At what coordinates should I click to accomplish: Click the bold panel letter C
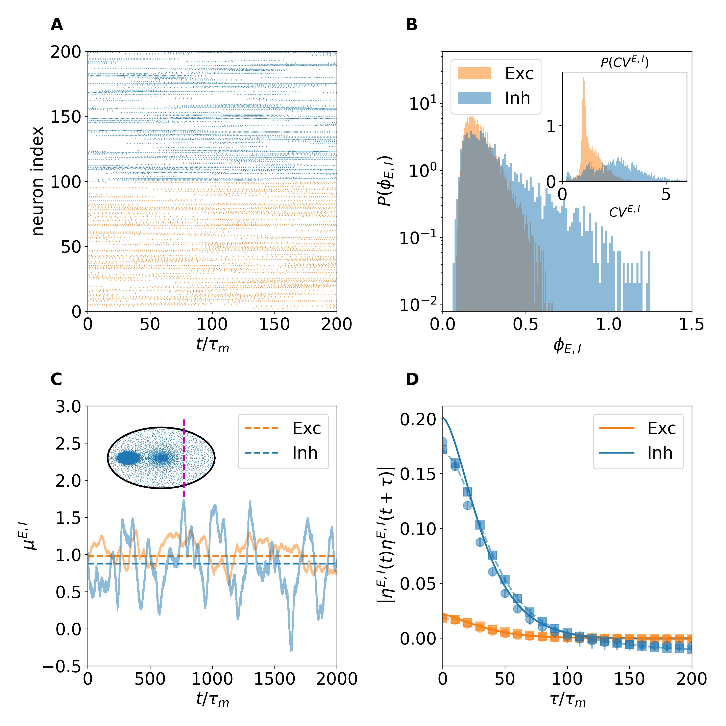coord(56,380)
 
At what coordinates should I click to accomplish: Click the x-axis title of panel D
coord(567,700)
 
